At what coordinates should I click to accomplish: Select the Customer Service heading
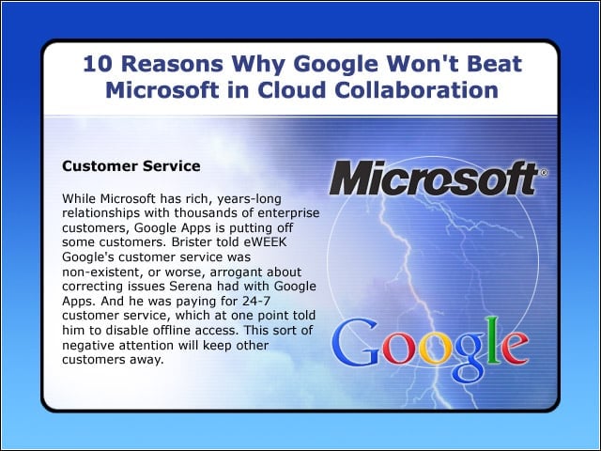click(131, 166)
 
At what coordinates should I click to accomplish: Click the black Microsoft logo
click(434, 178)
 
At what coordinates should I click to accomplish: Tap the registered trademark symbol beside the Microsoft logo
click(544, 173)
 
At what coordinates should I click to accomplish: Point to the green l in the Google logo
click(493, 340)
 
